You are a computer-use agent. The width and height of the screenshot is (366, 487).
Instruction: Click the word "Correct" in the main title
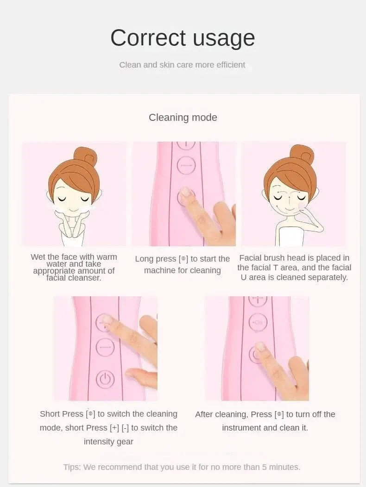click(x=148, y=37)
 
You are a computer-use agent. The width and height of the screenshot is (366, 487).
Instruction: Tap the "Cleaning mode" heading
click(x=183, y=118)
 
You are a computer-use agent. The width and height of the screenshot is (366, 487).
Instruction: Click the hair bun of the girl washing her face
click(x=85, y=156)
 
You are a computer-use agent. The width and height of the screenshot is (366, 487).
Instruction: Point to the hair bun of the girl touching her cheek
click(x=301, y=155)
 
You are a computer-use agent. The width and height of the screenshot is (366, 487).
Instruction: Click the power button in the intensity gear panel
click(x=105, y=379)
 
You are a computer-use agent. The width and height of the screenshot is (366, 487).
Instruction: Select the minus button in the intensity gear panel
click(x=105, y=347)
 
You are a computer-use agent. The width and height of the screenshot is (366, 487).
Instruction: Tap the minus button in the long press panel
click(x=186, y=165)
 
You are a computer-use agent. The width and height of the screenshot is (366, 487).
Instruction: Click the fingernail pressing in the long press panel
click(x=185, y=191)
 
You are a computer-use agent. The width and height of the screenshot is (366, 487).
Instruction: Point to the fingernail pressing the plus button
click(x=107, y=319)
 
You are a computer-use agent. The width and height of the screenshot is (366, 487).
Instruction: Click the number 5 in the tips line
click(x=264, y=467)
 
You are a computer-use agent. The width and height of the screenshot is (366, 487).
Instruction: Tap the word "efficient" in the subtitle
click(x=231, y=65)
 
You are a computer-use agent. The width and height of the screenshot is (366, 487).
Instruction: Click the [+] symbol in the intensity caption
click(x=115, y=428)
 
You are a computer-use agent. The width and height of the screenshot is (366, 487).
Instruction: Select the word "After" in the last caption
click(x=204, y=414)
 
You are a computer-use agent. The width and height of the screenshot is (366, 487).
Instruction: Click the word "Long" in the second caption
click(x=144, y=259)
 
